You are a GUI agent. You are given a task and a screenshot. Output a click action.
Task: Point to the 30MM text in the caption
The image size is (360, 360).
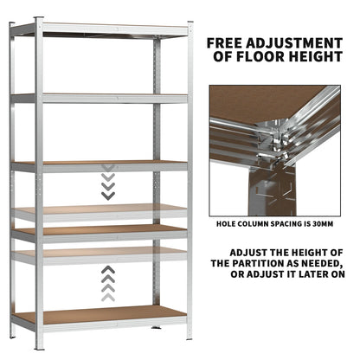point(321,221)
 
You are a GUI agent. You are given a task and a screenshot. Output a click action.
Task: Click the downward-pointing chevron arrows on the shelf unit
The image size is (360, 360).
point(107,183)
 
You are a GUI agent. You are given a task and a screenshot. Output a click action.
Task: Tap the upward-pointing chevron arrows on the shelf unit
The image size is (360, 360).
point(107,281)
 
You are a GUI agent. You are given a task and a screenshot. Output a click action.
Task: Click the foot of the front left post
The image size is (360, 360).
point(38,347)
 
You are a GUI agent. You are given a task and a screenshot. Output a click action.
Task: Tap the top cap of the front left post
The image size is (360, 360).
point(38,20)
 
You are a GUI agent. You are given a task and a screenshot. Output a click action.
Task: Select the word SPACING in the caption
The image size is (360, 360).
point(290,221)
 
